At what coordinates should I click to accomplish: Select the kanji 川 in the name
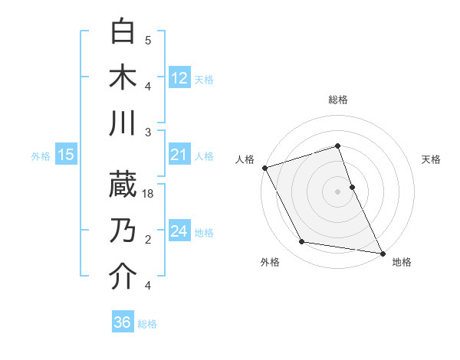[x=123, y=123]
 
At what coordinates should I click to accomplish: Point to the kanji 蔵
[x=123, y=184]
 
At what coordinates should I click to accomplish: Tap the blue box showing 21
[x=179, y=155]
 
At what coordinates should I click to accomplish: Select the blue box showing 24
[x=179, y=231]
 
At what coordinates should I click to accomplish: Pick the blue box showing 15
[x=65, y=155]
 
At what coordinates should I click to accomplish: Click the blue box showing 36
[x=122, y=322]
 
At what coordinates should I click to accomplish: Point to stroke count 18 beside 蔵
[x=149, y=194]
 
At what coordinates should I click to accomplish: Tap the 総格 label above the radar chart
[x=338, y=100]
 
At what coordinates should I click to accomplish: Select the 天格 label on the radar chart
[x=432, y=159]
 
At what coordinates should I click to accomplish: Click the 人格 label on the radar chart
[x=245, y=159]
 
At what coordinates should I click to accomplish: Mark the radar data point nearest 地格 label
[x=381, y=252]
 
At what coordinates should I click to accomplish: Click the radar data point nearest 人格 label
[x=264, y=168]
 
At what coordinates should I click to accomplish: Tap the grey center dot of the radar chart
[x=338, y=191]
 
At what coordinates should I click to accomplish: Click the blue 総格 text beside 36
[x=147, y=324]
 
